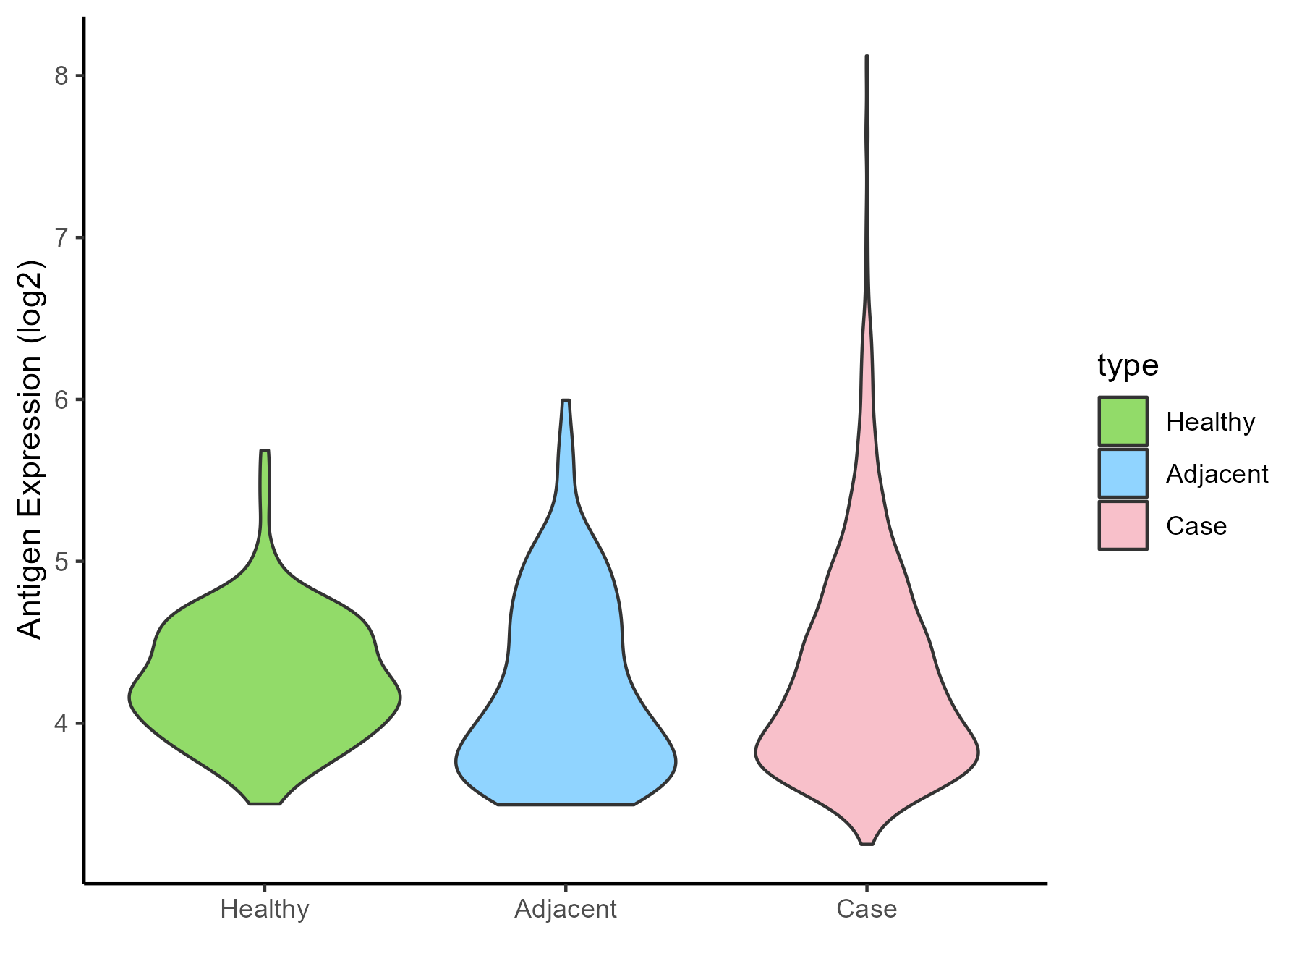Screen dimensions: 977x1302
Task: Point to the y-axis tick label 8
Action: [x=61, y=76]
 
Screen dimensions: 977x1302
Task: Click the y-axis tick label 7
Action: [x=61, y=237]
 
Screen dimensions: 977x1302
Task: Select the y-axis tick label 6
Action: [x=61, y=399]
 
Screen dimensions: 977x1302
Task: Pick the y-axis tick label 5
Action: [x=61, y=561]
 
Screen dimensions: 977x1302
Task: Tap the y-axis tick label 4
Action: [x=61, y=723]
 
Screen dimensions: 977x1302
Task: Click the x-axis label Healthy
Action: [x=265, y=909]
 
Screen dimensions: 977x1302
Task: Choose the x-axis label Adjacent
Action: [x=566, y=909]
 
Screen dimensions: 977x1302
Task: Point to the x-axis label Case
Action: [x=867, y=909]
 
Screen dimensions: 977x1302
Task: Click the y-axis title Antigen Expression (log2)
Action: [x=30, y=449]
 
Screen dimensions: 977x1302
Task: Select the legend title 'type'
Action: [x=1128, y=365]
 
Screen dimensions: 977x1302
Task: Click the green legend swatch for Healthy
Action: [x=1123, y=421]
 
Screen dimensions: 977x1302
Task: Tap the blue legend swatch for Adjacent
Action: [x=1123, y=473]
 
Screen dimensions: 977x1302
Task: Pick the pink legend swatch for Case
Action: [x=1123, y=525]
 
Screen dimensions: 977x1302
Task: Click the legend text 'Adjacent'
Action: [x=1217, y=474]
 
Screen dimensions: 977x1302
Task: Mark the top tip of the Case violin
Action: [x=867, y=56]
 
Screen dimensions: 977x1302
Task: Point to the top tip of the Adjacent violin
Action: [x=566, y=400]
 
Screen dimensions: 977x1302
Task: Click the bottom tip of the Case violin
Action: [x=867, y=843]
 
